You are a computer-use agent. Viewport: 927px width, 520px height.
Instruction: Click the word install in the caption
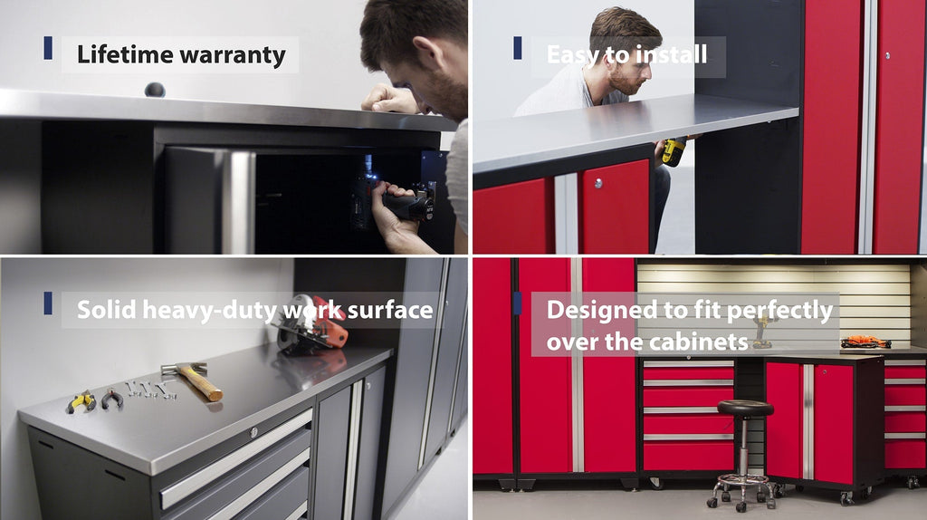(673, 54)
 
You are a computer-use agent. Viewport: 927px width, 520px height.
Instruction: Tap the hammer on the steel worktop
(193, 380)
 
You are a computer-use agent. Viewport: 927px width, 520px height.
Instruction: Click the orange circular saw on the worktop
(311, 323)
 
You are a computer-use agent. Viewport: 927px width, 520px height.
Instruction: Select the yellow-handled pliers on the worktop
(81, 402)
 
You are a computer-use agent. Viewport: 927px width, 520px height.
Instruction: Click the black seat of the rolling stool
(745, 408)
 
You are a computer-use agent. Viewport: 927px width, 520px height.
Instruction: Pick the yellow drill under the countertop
(674, 151)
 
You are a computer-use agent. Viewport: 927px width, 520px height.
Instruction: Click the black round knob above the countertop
(155, 90)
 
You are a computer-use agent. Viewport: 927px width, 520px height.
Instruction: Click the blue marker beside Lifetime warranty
(48, 48)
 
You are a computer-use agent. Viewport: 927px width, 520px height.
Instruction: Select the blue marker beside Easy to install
(517, 48)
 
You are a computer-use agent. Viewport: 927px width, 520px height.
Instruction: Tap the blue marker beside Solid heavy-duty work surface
(48, 303)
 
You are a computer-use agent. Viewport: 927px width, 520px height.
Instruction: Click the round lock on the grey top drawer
(254, 432)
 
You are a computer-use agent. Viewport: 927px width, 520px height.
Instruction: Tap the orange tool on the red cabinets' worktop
(865, 342)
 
